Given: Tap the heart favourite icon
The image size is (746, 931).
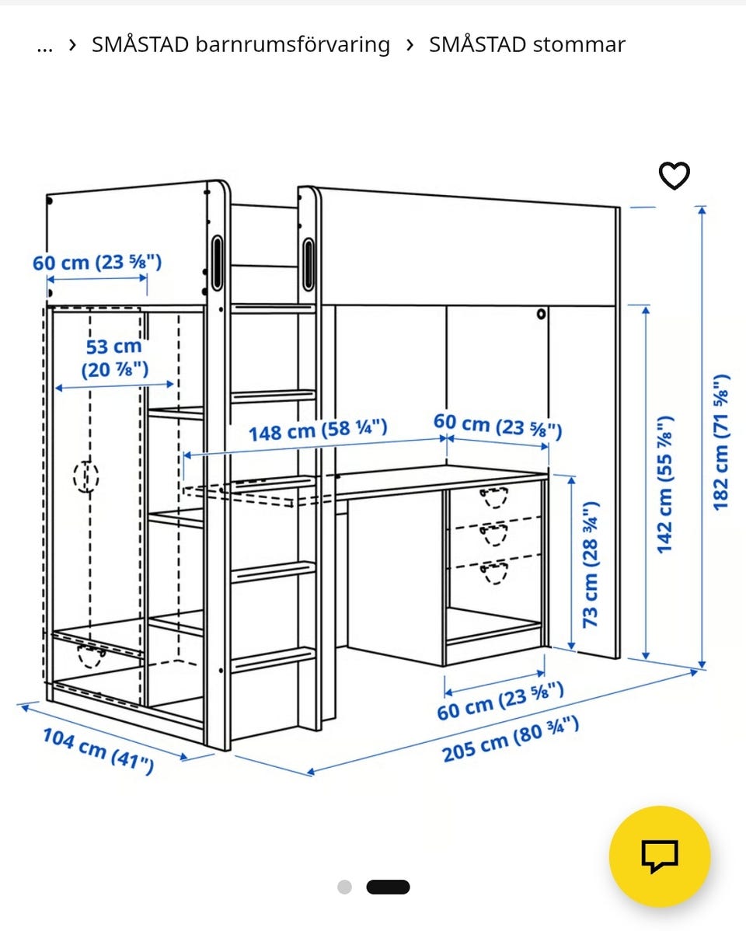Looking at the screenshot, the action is [x=675, y=176].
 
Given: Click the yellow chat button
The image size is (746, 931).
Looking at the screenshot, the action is [x=660, y=856].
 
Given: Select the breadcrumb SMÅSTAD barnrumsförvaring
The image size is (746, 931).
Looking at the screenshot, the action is [x=241, y=44].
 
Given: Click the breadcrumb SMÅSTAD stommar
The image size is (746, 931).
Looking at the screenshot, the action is [x=527, y=44].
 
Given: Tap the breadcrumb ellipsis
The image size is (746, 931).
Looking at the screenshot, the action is [x=44, y=47].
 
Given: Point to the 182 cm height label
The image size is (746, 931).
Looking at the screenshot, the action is [x=720, y=441].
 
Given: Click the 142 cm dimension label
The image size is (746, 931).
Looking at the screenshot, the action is [x=664, y=484].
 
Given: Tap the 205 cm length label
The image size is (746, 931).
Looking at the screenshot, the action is [x=511, y=740].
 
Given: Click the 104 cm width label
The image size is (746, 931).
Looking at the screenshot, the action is [x=99, y=751].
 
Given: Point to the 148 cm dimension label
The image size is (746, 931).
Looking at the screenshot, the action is [x=318, y=429].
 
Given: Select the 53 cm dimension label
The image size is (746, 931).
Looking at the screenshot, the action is [x=115, y=358].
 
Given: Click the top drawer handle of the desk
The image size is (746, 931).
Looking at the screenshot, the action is [x=494, y=497].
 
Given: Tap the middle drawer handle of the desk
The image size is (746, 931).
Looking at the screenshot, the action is [x=494, y=535].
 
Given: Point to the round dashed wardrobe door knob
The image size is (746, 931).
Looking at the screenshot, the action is [x=86, y=476].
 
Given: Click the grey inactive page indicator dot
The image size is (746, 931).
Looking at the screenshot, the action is [x=344, y=887].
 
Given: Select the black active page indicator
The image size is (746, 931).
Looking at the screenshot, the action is [x=389, y=887].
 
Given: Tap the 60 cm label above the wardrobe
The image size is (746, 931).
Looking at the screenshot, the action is [x=97, y=262].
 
